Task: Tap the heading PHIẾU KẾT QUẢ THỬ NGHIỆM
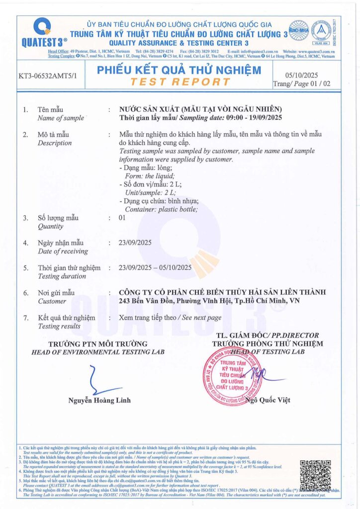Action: click(180, 71)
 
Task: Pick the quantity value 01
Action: click(122, 218)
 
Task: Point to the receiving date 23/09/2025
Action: click(136, 243)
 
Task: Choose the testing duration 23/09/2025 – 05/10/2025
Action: click(156, 267)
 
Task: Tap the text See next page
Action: click(201, 317)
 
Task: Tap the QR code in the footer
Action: click(315, 475)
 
